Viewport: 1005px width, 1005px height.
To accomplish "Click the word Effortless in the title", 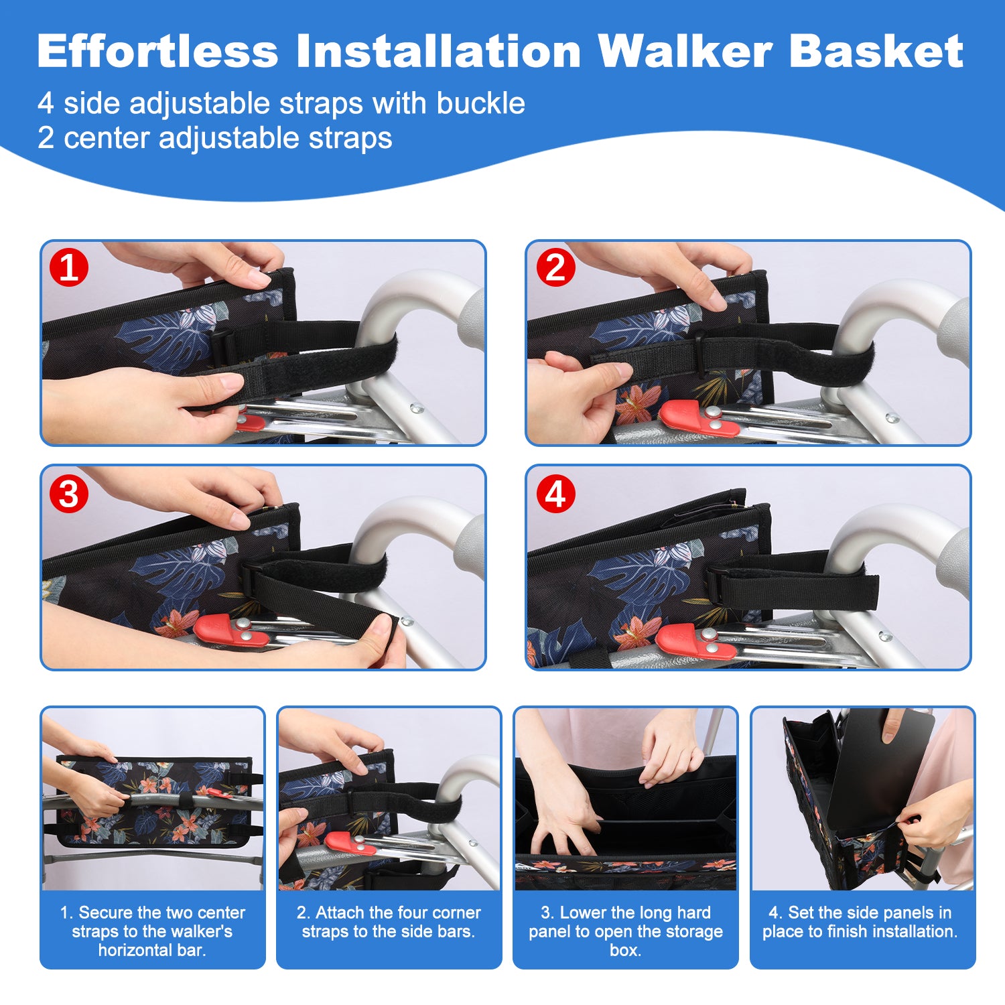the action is [158, 51].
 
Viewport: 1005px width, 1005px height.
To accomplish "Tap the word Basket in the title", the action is [876, 51].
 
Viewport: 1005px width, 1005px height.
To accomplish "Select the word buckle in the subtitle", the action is [480, 103].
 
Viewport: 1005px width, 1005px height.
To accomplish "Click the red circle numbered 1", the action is [69, 268].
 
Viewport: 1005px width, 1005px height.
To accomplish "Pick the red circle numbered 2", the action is [555, 268].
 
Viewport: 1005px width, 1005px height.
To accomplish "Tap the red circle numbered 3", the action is [69, 494].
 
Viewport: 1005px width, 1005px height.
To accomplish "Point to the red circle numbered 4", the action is [555, 494].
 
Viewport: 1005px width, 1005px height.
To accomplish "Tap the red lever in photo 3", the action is [230, 630].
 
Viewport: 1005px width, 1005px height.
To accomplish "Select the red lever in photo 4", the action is [695, 642].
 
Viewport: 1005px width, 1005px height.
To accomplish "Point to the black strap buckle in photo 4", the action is [718, 585].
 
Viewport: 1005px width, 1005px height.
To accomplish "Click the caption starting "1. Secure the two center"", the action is [152, 931].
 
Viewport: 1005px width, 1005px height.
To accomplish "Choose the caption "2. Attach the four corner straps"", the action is [389, 921].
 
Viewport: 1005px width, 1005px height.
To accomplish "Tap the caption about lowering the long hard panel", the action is [626, 931].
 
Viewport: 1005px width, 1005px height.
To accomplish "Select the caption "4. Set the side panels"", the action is [860, 921].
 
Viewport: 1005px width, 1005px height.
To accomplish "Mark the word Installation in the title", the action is [439, 51].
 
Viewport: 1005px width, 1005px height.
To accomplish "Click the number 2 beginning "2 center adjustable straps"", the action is [46, 138].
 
